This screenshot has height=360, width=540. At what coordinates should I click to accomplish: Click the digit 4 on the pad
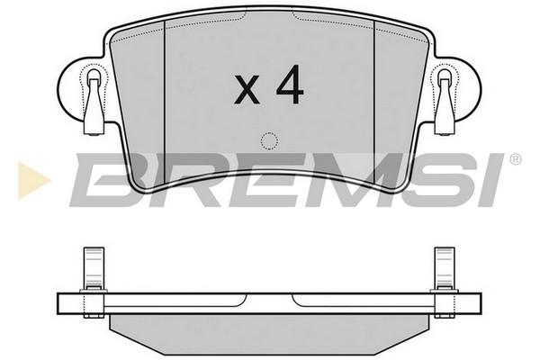tap(290, 85)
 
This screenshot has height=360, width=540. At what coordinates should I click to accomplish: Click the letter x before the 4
tap(247, 90)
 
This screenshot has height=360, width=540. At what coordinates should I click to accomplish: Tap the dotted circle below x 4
tap(269, 141)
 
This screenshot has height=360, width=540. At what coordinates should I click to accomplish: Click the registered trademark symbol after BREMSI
tap(515, 159)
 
